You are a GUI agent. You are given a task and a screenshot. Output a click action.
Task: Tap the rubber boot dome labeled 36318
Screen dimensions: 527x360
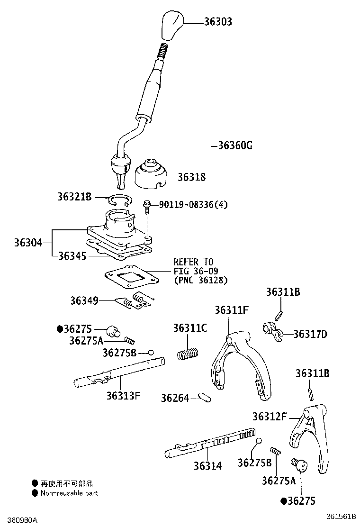click(x=151, y=175)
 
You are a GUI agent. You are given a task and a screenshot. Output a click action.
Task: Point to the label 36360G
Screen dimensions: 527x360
click(x=235, y=145)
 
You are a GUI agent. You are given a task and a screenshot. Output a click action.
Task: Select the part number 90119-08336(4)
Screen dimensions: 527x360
click(x=193, y=205)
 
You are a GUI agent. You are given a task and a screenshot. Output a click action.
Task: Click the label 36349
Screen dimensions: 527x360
click(x=84, y=300)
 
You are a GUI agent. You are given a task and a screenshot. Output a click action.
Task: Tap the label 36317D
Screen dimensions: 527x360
click(x=310, y=334)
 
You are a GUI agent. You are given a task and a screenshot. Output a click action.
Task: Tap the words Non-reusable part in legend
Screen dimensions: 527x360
click(x=69, y=493)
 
